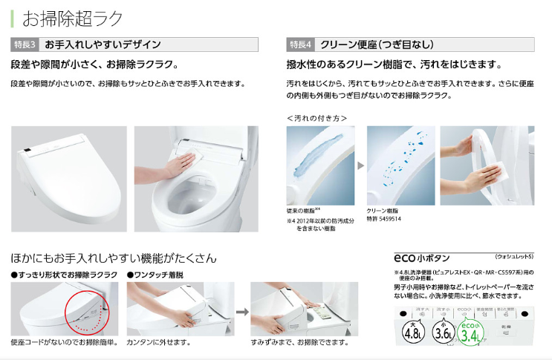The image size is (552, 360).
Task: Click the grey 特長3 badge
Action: point(26,45)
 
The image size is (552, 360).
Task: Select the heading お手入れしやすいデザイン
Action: point(103,45)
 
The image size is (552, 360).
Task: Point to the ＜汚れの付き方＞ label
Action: point(316,117)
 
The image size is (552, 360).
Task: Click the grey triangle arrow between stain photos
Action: point(361,165)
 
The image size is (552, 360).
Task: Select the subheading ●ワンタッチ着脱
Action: point(155,275)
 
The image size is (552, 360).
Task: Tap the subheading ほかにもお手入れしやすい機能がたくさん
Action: point(114,258)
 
